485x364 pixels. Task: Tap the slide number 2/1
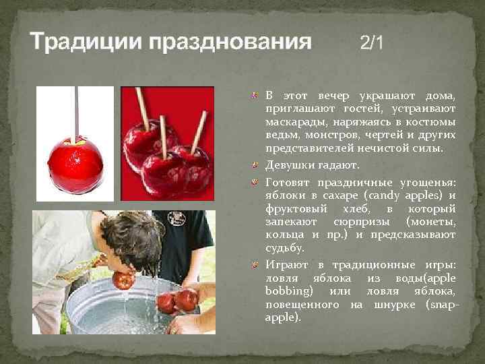(x=372, y=43)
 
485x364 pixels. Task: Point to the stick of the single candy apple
(x=75, y=111)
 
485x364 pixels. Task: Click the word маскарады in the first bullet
(x=297, y=121)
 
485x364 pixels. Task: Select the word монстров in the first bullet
(x=328, y=135)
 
